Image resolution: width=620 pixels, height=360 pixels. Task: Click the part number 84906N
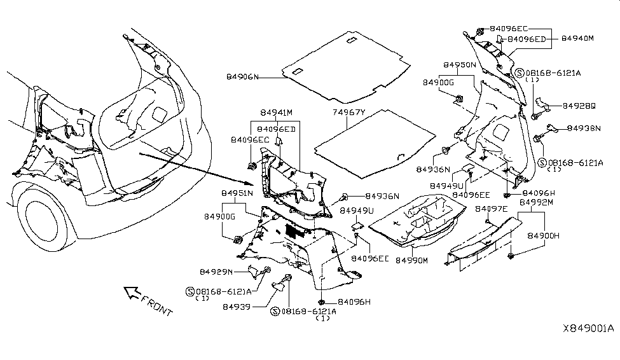[x=243, y=77]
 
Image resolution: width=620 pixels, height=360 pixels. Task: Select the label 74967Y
[x=350, y=113]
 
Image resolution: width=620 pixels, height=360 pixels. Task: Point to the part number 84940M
[x=577, y=39]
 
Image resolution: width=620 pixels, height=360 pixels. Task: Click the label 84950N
[x=460, y=66]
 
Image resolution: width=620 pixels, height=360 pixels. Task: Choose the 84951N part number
[x=237, y=193]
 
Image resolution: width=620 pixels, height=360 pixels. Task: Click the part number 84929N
[x=217, y=272]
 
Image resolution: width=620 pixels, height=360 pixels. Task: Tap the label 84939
[x=236, y=306]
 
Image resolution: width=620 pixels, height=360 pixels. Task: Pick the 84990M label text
[x=412, y=260]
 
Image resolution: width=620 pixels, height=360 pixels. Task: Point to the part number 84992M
[x=537, y=202]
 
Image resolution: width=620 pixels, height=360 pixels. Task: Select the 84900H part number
[x=542, y=235]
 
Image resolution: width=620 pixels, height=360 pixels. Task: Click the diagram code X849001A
[x=588, y=329]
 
